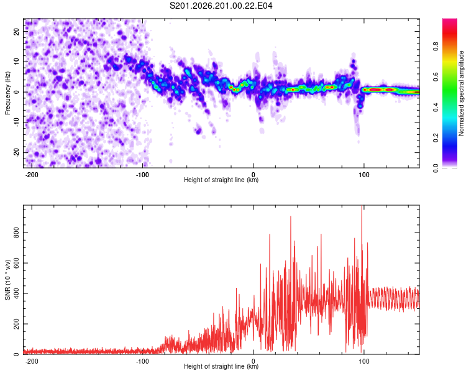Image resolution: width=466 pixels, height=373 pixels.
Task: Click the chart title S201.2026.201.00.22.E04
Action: [221, 6]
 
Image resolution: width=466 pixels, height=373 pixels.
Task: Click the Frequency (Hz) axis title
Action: [7, 93]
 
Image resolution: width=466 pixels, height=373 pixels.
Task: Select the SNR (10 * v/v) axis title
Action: [7, 280]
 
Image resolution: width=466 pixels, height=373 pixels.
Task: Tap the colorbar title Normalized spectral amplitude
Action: [461, 93]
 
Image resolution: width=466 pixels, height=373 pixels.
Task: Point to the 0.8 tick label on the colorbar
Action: [436, 47]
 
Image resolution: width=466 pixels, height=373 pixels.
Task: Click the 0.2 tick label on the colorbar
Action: [436, 138]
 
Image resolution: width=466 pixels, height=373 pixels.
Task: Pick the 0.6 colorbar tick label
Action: [436, 76]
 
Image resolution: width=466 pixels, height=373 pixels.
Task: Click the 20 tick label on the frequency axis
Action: [16, 31]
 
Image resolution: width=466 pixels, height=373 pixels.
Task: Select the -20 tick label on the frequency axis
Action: [16, 152]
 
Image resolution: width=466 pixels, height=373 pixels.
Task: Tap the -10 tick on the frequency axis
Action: [16, 122]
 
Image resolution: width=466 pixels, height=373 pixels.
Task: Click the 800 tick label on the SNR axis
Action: [16, 233]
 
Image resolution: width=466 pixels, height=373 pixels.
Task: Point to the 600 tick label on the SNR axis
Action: [16, 263]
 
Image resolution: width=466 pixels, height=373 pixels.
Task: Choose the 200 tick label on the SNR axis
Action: [16, 324]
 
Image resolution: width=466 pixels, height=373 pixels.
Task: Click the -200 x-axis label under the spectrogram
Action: [31, 175]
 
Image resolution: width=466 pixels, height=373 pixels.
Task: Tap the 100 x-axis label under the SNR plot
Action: [363, 361]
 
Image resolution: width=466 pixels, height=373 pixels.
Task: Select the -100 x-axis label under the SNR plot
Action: [142, 361]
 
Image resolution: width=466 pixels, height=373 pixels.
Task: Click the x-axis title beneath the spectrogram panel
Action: [221, 180]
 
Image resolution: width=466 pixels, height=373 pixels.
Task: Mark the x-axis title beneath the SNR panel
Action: [221, 366]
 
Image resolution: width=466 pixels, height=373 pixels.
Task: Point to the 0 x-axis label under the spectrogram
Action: [254, 175]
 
